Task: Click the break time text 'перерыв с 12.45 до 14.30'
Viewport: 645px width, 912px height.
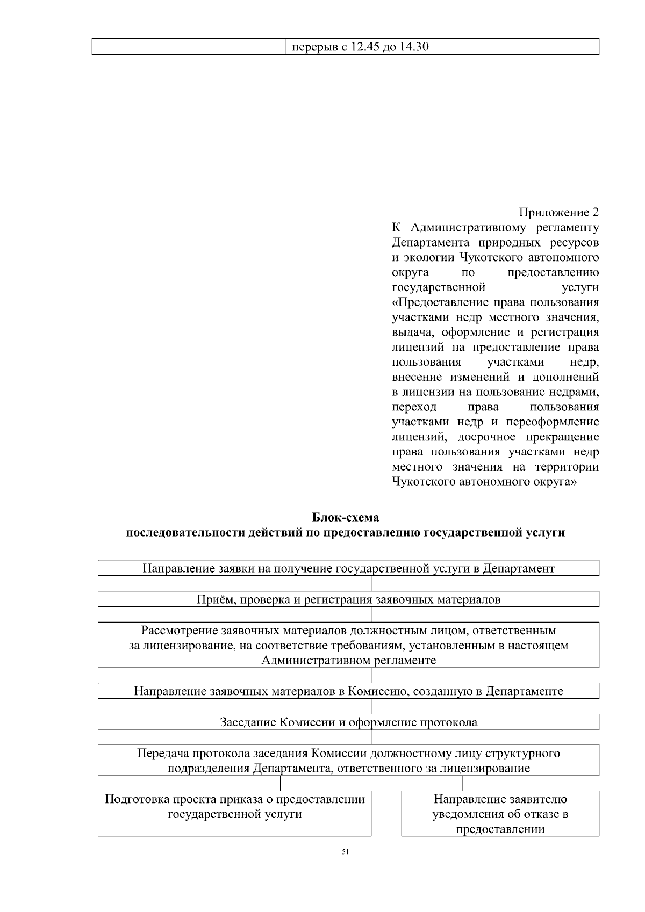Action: (360, 47)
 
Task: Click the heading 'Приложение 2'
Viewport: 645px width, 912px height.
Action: (559, 212)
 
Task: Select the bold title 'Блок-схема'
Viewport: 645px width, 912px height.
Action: (346, 518)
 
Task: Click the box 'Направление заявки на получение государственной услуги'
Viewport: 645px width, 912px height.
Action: (348, 568)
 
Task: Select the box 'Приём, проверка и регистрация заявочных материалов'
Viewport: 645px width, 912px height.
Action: (348, 599)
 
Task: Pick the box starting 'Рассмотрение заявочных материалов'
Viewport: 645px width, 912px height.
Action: (348, 645)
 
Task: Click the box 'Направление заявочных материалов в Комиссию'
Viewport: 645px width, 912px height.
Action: (348, 691)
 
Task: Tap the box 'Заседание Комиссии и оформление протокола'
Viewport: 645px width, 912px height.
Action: (348, 722)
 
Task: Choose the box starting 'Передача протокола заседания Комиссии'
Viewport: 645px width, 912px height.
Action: (348, 760)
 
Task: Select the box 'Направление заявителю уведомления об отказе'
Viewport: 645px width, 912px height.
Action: (500, 813)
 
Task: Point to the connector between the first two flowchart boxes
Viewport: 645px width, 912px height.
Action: (371, 583)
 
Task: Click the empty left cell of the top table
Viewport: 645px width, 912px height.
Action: (188, 47)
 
